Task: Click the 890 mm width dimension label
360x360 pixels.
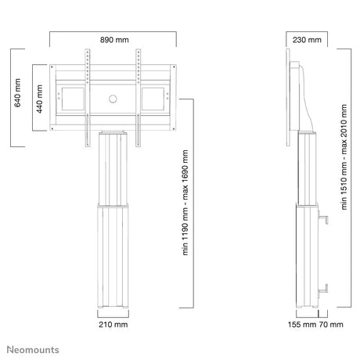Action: [114, 40]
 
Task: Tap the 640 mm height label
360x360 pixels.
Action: [17, 93]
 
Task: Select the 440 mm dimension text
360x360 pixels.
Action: [39, 99]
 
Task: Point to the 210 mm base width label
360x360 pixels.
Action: [113, 325]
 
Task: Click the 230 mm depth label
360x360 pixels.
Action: [307, 40]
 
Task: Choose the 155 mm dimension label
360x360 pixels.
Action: [302, 325]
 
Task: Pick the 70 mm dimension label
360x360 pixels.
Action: [331, 325]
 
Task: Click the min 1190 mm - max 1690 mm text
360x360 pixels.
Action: [185, 203]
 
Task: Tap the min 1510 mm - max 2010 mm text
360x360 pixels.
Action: [344, 157]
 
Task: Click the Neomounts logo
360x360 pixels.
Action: [33, 350]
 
